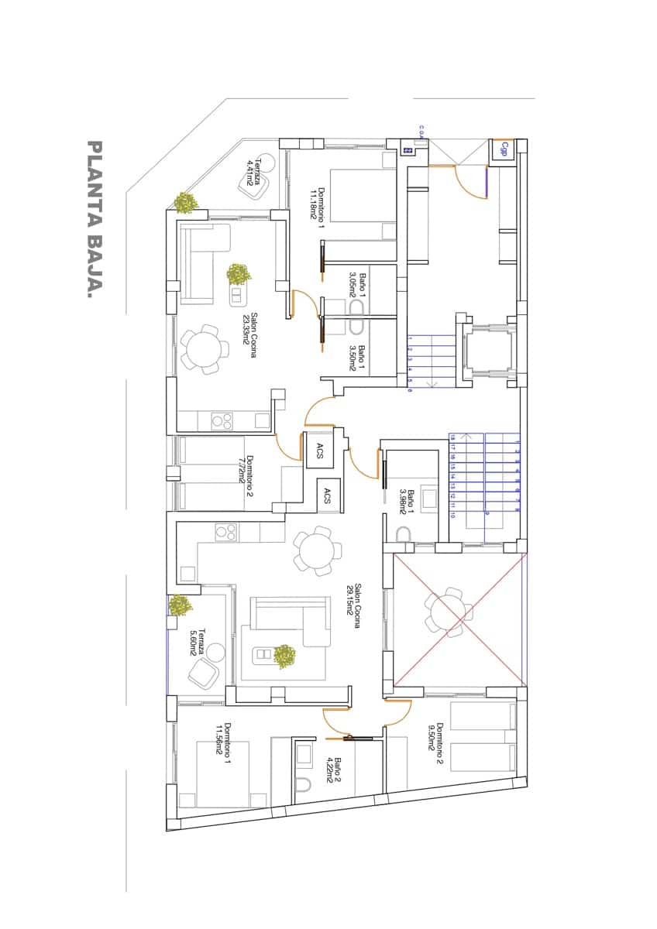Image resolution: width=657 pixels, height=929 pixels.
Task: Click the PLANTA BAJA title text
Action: point(95,219)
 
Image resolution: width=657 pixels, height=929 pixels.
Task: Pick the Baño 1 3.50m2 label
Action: point(356,358)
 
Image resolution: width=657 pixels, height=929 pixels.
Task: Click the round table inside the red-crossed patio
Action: point(447,612)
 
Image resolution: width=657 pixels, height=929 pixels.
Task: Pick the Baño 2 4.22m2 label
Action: point(333,770)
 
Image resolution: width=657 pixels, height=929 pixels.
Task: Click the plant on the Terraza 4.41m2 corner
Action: point(185,203)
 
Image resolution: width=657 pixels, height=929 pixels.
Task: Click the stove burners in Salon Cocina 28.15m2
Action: point(225,533)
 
